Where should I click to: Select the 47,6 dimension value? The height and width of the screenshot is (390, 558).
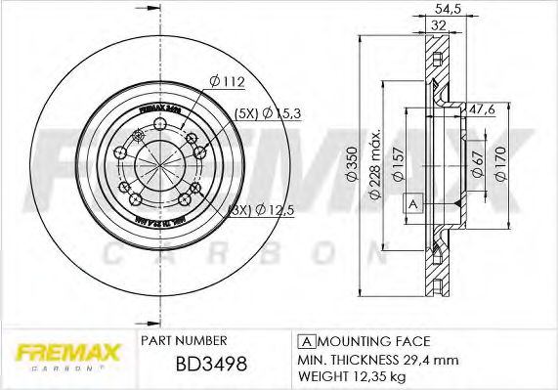point(482,110)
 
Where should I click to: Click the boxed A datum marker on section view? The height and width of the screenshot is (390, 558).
point(412,203)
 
